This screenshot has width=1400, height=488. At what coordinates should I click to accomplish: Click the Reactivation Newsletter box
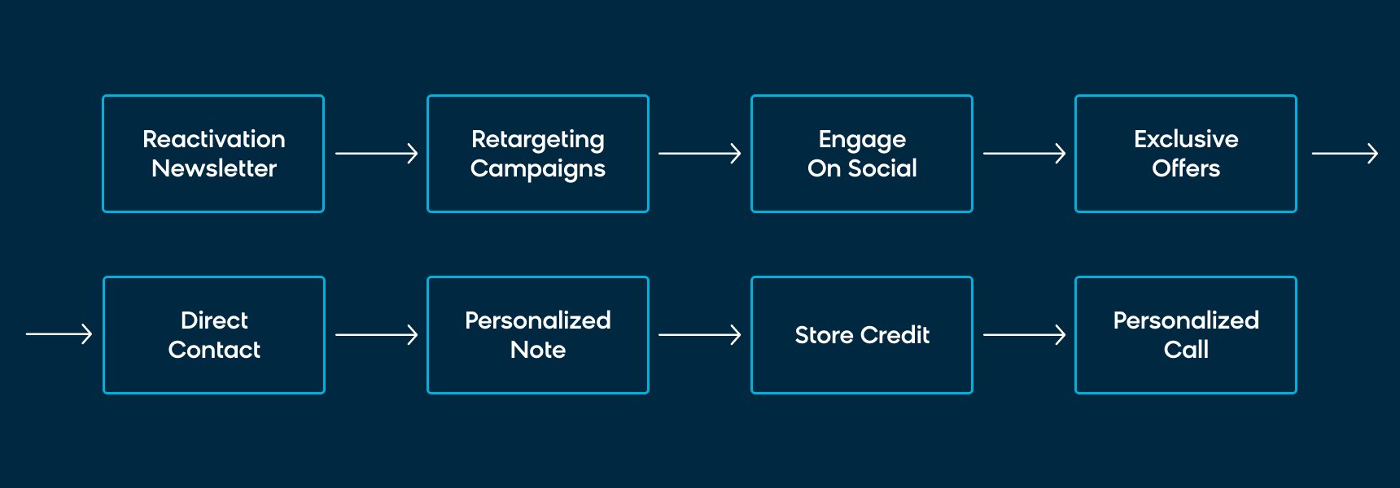point(213,154)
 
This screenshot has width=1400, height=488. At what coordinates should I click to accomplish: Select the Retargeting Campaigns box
point(538,154)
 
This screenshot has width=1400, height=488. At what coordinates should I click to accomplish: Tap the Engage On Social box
point(862,154)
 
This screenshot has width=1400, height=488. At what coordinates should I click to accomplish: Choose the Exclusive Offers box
point(1186,154)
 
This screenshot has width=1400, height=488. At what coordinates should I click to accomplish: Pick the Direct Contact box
point(214,335)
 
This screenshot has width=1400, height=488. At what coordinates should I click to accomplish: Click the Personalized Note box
point(538,335)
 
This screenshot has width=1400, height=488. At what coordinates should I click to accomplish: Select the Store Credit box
point(862,335)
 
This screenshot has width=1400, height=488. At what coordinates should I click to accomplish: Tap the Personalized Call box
point(1186,335)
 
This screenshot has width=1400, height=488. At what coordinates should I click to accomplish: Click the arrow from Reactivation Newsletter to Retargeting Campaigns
point(376,153)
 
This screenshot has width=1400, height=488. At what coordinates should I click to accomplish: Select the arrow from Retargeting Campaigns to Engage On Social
point(700,153)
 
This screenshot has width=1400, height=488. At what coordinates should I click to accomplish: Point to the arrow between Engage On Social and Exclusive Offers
point(1025,153)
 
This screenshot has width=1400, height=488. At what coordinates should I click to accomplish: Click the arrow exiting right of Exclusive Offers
point(1345,153)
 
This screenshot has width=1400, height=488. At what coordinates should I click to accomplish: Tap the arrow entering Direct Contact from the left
point(59,333)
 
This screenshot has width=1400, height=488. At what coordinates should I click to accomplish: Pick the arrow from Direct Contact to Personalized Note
point(376,334)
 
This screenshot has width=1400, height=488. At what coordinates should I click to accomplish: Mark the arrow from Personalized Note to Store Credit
point(700,334)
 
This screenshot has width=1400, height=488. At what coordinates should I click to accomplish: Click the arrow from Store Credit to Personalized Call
point(1025,334)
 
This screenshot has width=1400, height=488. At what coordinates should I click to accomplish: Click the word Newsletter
point(214,168)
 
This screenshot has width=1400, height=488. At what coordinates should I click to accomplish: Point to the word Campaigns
point(538,169)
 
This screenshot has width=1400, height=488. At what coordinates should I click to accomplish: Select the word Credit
point(895,335)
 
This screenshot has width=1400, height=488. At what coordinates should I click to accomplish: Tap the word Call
point(1186,350)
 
